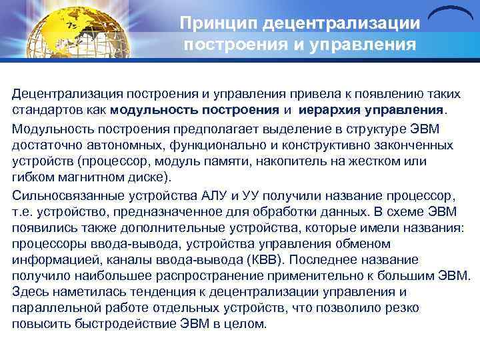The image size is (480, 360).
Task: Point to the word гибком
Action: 33,178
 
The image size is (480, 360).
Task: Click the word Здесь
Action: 30,292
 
